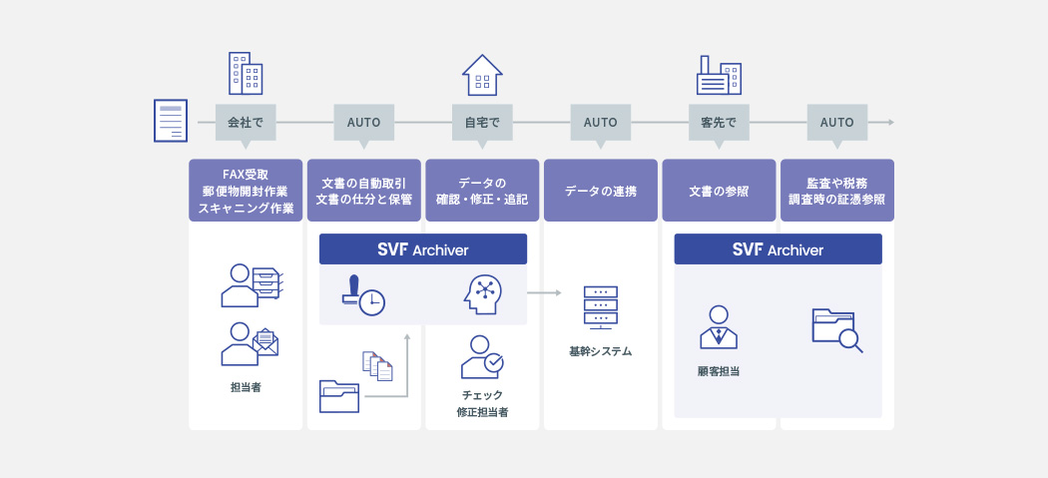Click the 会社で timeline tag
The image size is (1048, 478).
[x=245, y=123]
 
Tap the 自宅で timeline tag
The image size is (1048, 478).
[x=482, y=123]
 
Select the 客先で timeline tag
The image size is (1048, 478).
[x=719, y=123]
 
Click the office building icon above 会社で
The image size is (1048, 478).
[x=245, y=73]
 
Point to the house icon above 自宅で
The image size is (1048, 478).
[x=482, y=75]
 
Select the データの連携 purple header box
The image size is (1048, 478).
[x=601, y=191]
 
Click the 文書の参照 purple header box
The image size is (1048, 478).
[x=719, y=191]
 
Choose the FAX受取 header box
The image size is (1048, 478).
[x=245, y=191]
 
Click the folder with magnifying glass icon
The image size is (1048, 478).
[x=837, y=330]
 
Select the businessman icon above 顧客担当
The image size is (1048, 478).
[x=719, y=326]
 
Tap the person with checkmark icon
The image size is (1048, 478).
[x=482, y=356]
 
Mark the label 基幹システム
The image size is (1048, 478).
[x=601, y=351]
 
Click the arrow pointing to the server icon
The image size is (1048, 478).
[x=547, y=293]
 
